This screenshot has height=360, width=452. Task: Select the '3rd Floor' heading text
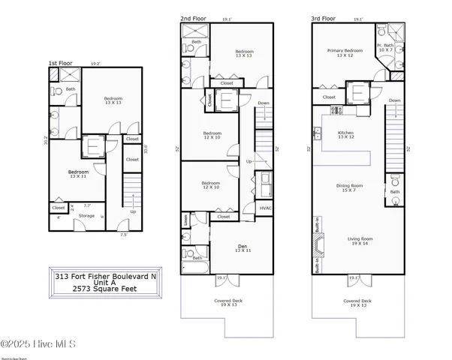(x=324, y=17)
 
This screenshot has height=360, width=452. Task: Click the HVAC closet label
(x=266, y=208)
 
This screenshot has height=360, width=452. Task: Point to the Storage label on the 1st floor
(x=87, y=216)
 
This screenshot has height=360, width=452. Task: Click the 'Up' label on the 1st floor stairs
(x=134, y=211)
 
